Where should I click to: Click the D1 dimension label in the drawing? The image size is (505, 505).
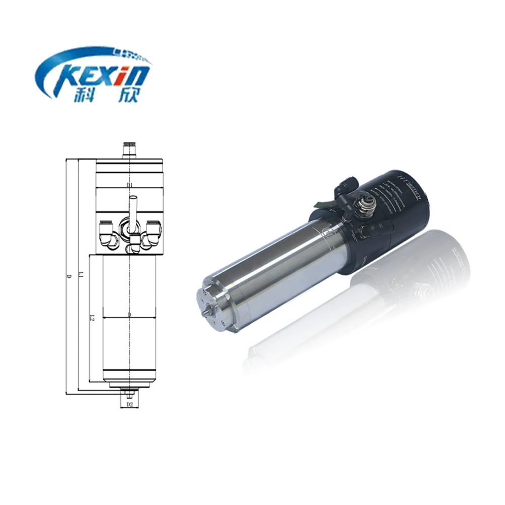click(x=129, y=185)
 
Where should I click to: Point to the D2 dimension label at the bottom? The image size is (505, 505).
click(x=129, y=405)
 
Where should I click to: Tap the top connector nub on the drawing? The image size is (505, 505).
click(x=129, y=149)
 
